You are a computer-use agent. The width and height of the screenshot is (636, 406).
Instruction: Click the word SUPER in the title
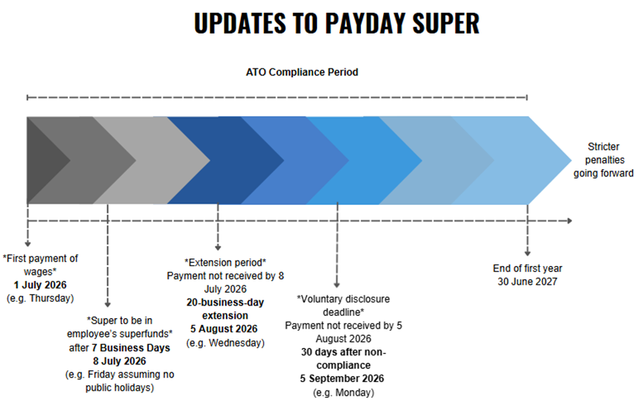click(446, 24)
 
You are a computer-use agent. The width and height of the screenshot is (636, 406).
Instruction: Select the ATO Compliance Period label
click(302, 72)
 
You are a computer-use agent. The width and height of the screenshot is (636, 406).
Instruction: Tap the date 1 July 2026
click(40, 285)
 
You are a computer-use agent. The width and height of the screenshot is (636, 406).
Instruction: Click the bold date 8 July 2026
click(119, 361)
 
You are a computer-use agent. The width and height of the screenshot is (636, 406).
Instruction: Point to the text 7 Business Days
click(135, 348)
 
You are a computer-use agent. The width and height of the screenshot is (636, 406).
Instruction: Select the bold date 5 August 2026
click(224, 329)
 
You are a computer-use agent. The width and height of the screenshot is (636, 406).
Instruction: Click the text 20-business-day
click(225, 302)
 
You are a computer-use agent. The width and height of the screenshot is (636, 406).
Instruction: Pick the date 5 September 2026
click(342, 378)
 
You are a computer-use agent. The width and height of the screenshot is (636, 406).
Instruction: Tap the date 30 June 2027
click(527, 282)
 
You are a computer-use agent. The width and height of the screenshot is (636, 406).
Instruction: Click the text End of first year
click(527, 268)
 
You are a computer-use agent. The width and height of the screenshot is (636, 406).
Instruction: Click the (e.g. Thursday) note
click(40, 299)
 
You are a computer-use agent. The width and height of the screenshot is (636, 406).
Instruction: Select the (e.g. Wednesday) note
click(225, 343)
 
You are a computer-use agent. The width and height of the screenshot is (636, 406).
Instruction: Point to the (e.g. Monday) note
click(344, 393)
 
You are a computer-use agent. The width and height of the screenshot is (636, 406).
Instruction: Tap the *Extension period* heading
click(225, 262)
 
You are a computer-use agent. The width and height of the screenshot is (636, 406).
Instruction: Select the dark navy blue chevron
click(225, 160)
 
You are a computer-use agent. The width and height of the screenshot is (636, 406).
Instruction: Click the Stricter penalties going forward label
click(603, 160)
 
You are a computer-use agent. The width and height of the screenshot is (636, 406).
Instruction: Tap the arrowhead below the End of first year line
click(527, 253)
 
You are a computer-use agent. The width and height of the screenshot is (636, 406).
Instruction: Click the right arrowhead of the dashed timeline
click(570, 221)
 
